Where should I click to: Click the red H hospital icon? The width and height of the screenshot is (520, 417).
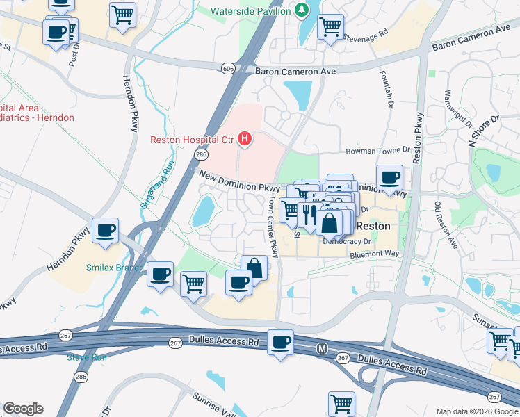pyautogui.click(x=245, y=140)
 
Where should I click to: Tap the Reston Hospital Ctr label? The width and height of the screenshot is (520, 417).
pyautogui.click(x=192, y=140)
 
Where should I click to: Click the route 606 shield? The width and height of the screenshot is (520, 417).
pyautogui.click(x=228, y=68)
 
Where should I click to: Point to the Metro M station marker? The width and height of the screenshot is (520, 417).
pyautogui.click(x=322, y=347)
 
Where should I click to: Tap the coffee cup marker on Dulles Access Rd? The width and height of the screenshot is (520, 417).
pyautogui.click(x=281, y=342)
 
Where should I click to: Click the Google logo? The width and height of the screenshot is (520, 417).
pyautogui.click(x=22, y=409)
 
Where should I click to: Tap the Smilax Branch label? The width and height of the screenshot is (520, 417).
pyautogui.click(x=115, y=268)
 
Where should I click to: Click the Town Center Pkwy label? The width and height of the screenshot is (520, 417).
pyautogui.click(x=272, y=226)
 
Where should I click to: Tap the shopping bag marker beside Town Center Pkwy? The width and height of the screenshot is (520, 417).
pyautogui.click(x=254, y=268)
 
